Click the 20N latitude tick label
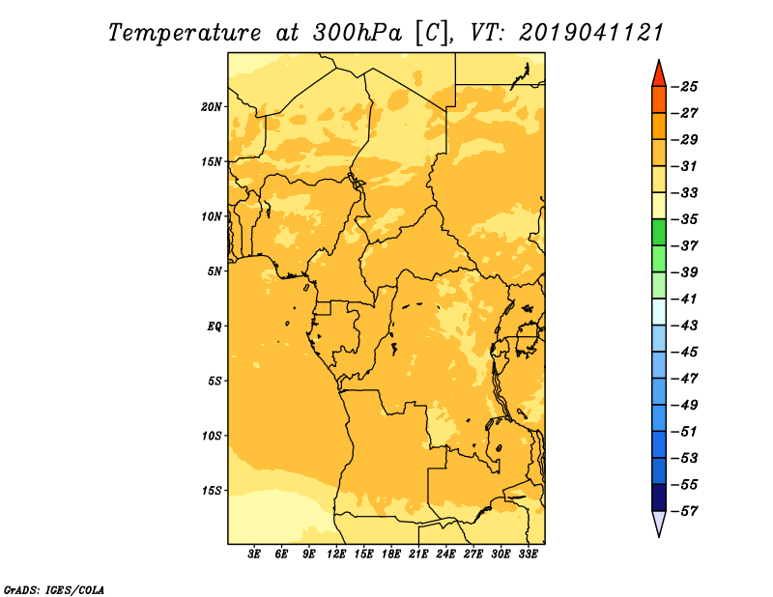[212, 107]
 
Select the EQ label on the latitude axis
[215, 327]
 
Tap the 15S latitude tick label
[212, 491]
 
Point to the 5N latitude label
[215, 271]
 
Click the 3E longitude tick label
[254, 554]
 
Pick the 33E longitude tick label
[528, 554]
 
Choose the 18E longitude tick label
[391, 554]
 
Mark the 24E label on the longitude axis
[445, 554]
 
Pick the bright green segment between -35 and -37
[659, 232]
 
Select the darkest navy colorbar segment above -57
[659, 497]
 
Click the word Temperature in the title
[185, 33]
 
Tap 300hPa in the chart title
[357, 33]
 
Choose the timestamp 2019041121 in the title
[591, 33]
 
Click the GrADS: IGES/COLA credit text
[54, 590]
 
